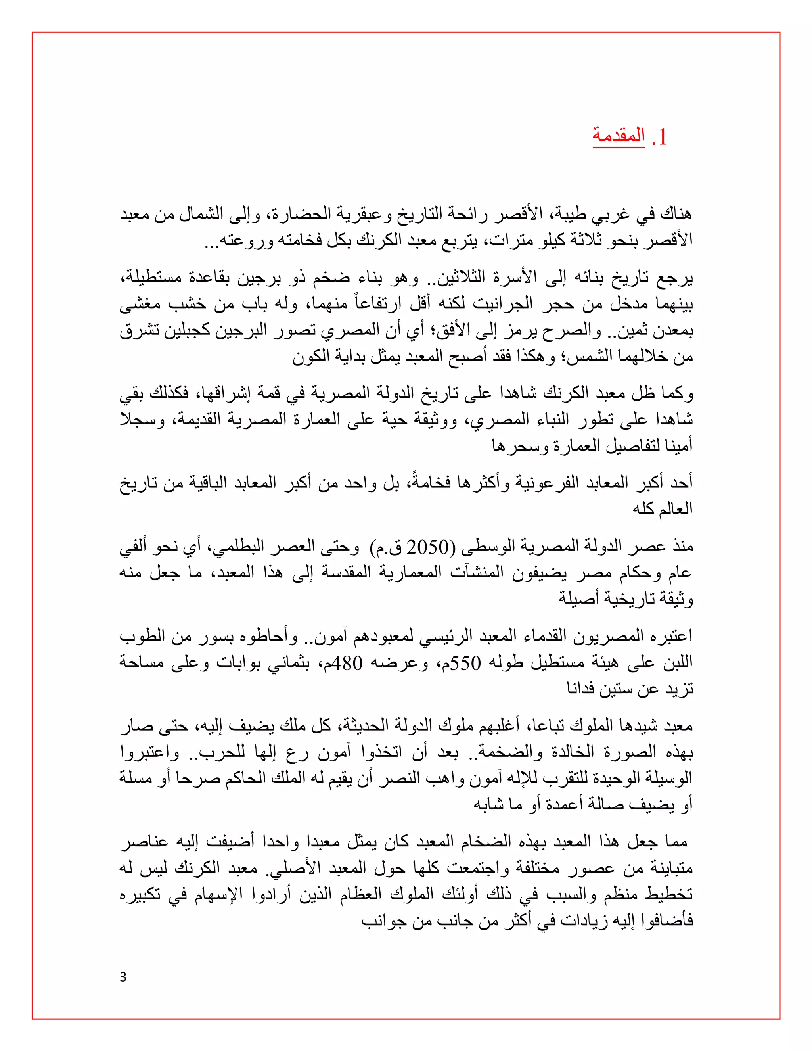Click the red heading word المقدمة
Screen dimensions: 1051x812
coord(618,136)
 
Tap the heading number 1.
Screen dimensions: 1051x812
coord(659,138)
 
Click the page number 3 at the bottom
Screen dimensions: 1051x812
coord(123,977)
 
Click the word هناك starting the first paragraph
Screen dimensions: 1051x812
coord(676,214)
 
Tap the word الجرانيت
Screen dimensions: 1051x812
coord(502,304)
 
